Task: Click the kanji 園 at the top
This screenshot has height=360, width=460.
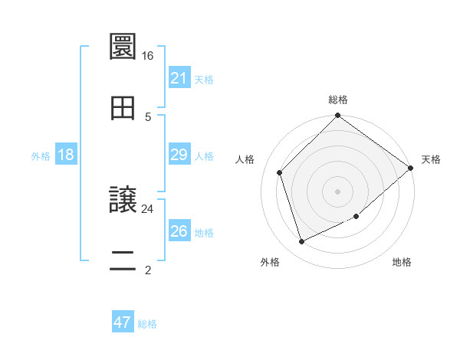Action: pyautogui.click(x=123, y=47)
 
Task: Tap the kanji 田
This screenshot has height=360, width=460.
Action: pyautogui.click(x=123, y=108)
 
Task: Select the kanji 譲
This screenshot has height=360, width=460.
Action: pyautogui.click(x=123, y=200)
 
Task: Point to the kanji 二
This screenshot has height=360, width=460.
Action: pyautogui.click(x=123, y=260)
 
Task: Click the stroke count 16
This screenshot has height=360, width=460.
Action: pyautogui.click(x=147, y=56)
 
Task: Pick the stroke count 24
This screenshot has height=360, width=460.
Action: pyautogui.click(x=147, y=208)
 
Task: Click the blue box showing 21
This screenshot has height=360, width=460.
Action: pyautogui.click(x=179, y=78)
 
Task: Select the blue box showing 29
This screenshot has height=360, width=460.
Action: pyautogui.click(x=179, y=155)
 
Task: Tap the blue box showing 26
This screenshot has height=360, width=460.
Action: pyautogui.click(x=179, y=231)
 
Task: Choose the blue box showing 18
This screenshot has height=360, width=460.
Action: pyautogui.click(x=66, y=155)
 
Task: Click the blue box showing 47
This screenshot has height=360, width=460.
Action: pyautogui.click(x=123, y=322)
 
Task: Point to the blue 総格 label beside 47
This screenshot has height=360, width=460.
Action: pyautogui.click(x=147, y=324)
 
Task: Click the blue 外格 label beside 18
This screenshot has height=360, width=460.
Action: pyautogui.click(x=41, y=156)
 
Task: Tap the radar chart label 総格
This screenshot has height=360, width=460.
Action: pyautogui.click(x=338, y=100)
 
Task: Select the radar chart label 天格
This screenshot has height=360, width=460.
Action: pyautogui.click(x=431, y=159)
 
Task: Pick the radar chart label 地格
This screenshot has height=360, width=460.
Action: pyautogui.click(x=402, y=263)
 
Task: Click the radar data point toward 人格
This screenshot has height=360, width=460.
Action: pyautogui.click(x=280, y=172)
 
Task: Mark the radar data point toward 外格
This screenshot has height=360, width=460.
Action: pyautogui.click(x=302, y=241)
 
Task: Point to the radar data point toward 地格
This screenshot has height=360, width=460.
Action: pyautogui.click(x=356, y=217)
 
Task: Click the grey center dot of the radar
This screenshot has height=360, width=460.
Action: pyautogui.click(x=338, y=191)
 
